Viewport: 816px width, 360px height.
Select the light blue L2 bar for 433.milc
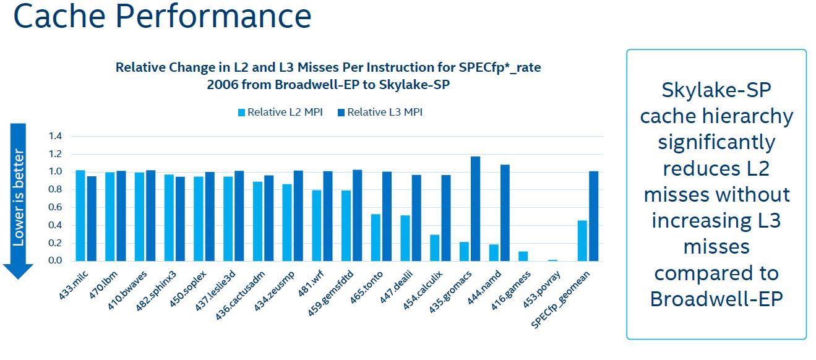80,215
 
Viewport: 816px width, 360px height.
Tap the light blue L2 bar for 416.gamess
523,256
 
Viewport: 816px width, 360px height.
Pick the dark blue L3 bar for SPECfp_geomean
593,216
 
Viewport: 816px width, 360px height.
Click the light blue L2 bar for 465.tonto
376,238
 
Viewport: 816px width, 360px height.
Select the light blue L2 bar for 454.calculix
435,247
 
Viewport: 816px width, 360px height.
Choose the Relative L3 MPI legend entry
380,112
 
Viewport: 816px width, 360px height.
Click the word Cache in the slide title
57,17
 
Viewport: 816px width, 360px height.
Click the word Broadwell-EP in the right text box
716,299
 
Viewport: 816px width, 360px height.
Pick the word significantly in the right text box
716,142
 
